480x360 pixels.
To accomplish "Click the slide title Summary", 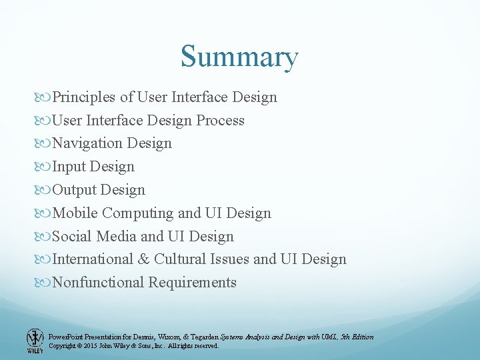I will [x=239, y=57].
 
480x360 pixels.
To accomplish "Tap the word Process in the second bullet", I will [x=220, y=121].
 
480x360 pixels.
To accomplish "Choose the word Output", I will [x=75, y=190].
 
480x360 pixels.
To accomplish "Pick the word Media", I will [x=117, y=237].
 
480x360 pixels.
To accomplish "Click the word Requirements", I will [x=193, y=283].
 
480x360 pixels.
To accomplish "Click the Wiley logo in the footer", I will [x=35, y=341].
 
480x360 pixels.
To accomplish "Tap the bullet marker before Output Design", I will [x=45, y=191].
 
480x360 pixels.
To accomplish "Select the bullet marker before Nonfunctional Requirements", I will [x=45, y=283].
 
